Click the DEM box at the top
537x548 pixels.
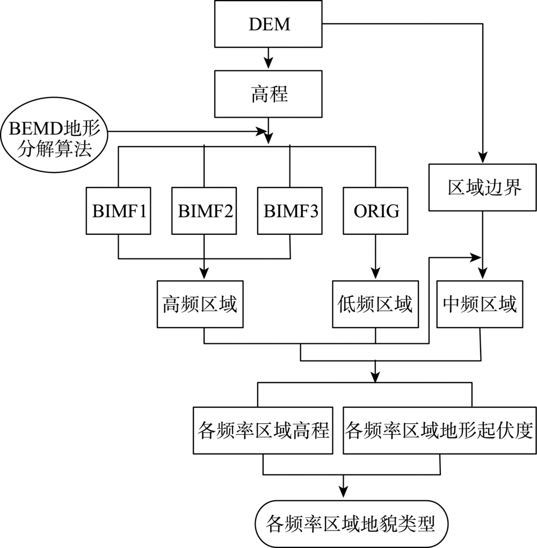[x=268, y=24]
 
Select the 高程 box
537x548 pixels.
[x=268, y=94]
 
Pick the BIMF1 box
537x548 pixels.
[x=118, y=211]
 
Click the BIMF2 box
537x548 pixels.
[x=204, y=211]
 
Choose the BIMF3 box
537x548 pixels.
[x=290, y=211]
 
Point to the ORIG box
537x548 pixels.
[x=375, y=211]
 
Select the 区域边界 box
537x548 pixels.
[x=484, y=188]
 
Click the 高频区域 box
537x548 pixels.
[x=199, y=304]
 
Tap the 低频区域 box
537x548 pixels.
[x=375, y=304]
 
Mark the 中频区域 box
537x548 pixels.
[x=480, y=304]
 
